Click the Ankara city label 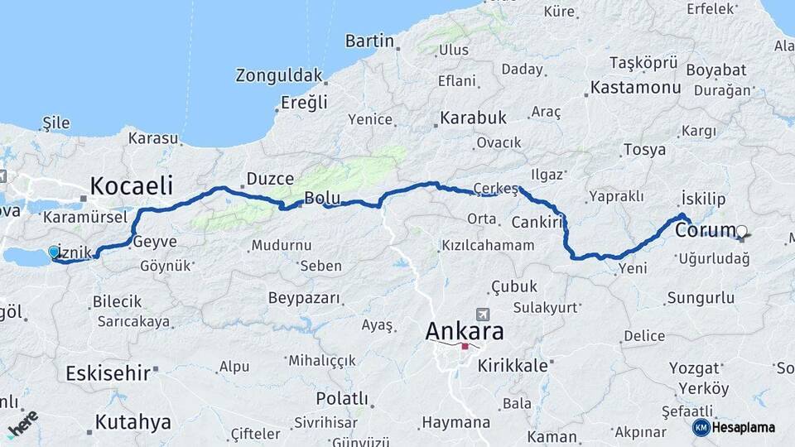pos(464,331)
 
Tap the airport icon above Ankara pos(483,315)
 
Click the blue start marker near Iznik pos(54,251)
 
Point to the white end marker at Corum pos(742,231)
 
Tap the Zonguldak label pos(278,76)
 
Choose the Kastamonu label pos(635,87)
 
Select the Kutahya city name pos(132,422)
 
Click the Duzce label pos(270,179)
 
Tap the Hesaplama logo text pos(744,427)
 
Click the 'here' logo pos(22,423)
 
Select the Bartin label pos(369,41)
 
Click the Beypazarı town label pos(304,297)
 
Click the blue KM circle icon pos(701,427)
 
